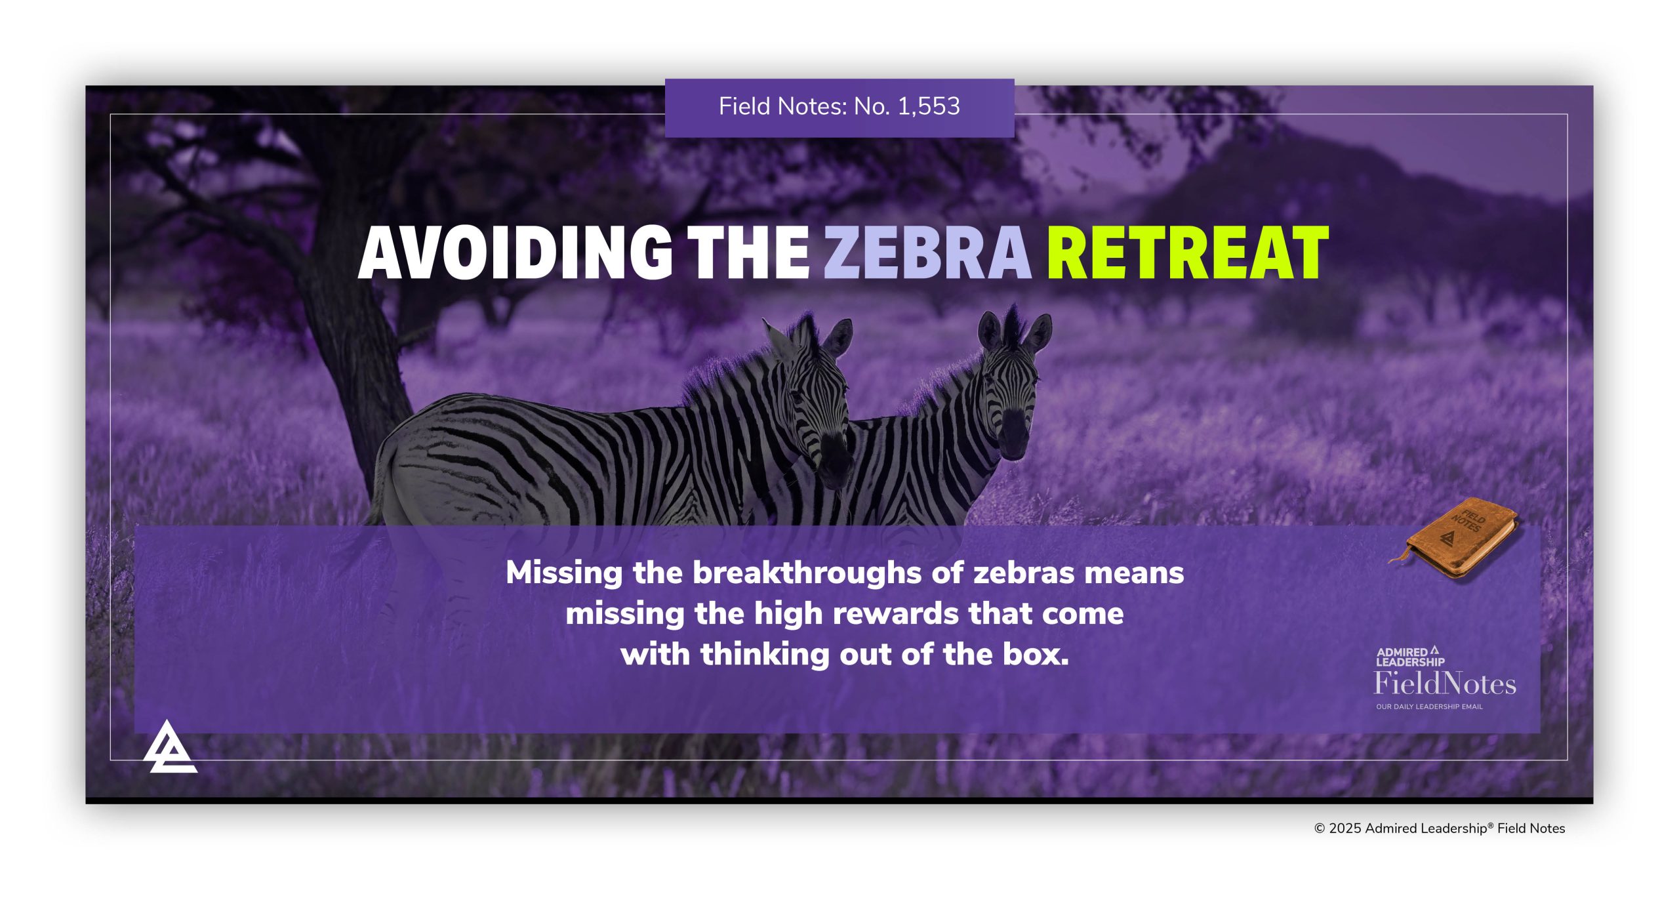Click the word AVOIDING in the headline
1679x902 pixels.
tap(516, 253)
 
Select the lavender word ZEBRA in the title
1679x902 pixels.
tap(927, 253)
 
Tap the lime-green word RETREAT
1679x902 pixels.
tap(1187, 253)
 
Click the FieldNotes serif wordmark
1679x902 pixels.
tap(1445, 684)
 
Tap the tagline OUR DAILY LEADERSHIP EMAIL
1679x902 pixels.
tap(1429, 707)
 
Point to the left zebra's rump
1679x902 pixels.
tap(410, 472)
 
